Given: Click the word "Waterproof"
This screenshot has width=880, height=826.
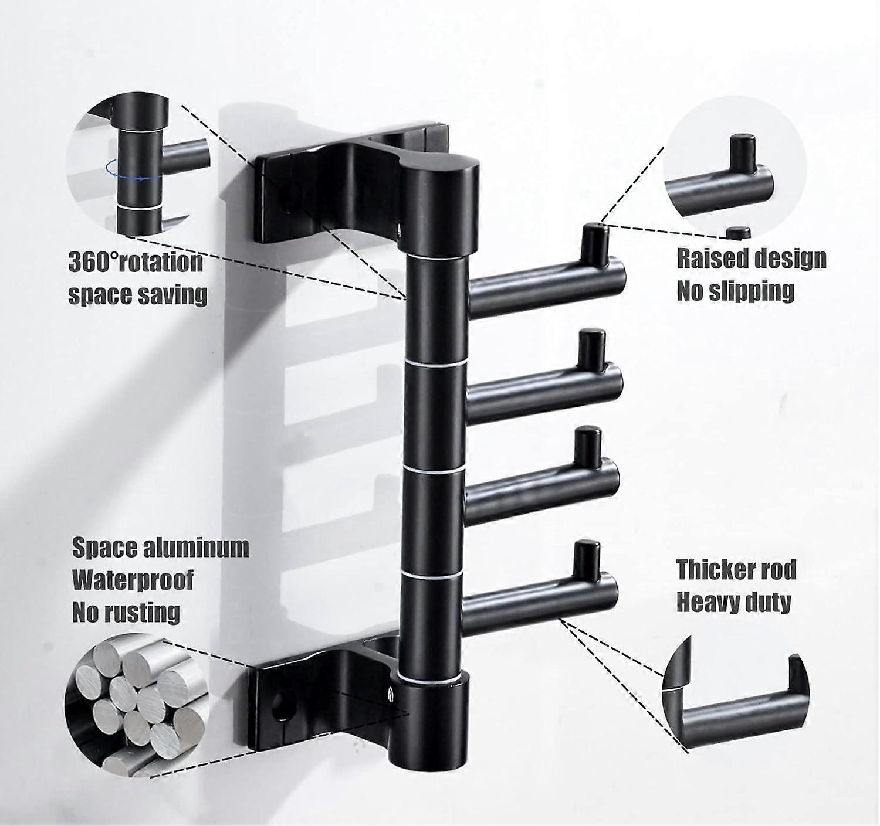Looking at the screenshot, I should (x=133, y=580).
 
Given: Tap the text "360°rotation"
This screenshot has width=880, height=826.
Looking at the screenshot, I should (x=136, y=262).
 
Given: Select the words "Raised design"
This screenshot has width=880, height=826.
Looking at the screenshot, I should (x=751, y=259).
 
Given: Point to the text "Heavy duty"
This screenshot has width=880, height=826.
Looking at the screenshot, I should (x=734, y=601).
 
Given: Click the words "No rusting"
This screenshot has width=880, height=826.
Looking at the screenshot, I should (x=126, y=612).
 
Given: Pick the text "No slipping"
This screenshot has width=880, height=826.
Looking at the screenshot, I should (x=736, y=290).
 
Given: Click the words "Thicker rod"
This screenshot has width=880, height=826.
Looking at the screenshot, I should (x=736, y=569).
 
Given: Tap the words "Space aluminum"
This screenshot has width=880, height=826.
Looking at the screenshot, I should (x=160, y=548).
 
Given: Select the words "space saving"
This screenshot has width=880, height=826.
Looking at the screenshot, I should (x=138, y=294).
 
